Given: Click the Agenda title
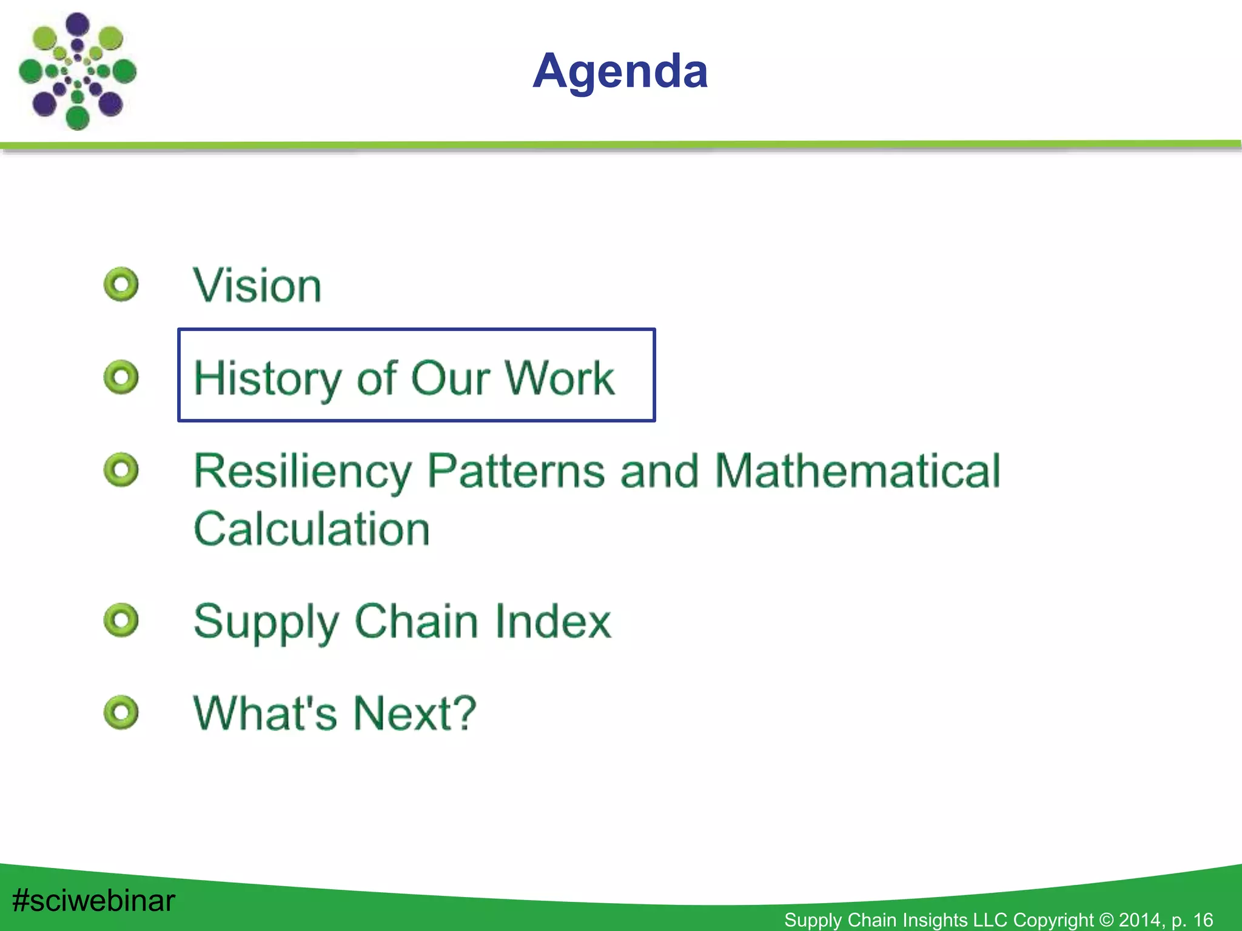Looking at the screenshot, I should (x=620, y=72).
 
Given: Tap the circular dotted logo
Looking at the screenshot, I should (x=77, y=71).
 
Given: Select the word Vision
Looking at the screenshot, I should (x=257, y=285).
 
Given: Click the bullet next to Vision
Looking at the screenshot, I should (x=121, y=284).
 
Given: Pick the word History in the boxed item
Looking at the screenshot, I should (x=267, y=378).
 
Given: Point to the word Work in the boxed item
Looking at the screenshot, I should (x=559, y=378).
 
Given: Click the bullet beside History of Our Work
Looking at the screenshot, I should (x=121, y=377).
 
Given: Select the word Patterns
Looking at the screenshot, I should (x=516, y=470).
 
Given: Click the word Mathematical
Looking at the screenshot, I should (x=857, y=470).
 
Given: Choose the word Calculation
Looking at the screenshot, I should (x=312, y=529).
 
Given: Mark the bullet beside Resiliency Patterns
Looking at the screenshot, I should (x=121, y=470).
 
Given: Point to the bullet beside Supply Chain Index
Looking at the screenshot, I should (x=121, y=620).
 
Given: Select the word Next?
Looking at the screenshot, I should (x=415, y=713).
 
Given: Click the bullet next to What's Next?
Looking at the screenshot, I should (x=121, y=712).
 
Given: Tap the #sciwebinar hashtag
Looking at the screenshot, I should (x=93, y=901).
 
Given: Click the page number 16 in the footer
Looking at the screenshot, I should (x=1203, y=920).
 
